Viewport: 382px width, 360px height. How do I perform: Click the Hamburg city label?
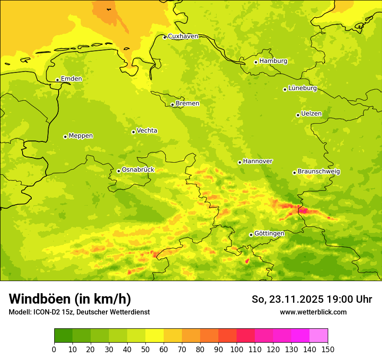[x=273, y=61]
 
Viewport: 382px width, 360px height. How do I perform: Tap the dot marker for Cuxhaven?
[x=165, y=37]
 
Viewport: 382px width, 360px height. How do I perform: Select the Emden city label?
[x=71, y=79]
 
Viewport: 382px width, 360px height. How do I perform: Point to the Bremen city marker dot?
[x=172, y=105]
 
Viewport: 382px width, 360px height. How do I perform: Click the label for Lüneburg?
[x=303, y=88]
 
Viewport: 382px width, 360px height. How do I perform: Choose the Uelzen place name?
[x=311, y=114]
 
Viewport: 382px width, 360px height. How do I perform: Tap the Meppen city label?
[x=81, y=136]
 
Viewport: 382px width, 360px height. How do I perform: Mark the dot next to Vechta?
[x=133, y=132]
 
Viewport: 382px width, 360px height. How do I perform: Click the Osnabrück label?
[x=138, y=170]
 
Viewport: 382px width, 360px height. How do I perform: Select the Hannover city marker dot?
[x=240, y=162]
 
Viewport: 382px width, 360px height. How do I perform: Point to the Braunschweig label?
[x=319, y=172]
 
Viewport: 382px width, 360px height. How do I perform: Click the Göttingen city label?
[x=269, y=234]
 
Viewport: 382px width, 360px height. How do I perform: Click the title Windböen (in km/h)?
[x=70, y=299]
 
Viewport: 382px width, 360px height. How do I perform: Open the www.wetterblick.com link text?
[x=313, y=312]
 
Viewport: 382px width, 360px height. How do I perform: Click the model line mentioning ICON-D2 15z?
[x=79, y=312]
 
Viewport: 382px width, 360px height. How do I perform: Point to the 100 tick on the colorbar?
[x=237, y=350]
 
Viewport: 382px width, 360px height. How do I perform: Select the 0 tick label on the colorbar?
[x=54, y=350]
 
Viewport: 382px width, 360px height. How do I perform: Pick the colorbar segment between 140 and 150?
[x=319, y=336]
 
